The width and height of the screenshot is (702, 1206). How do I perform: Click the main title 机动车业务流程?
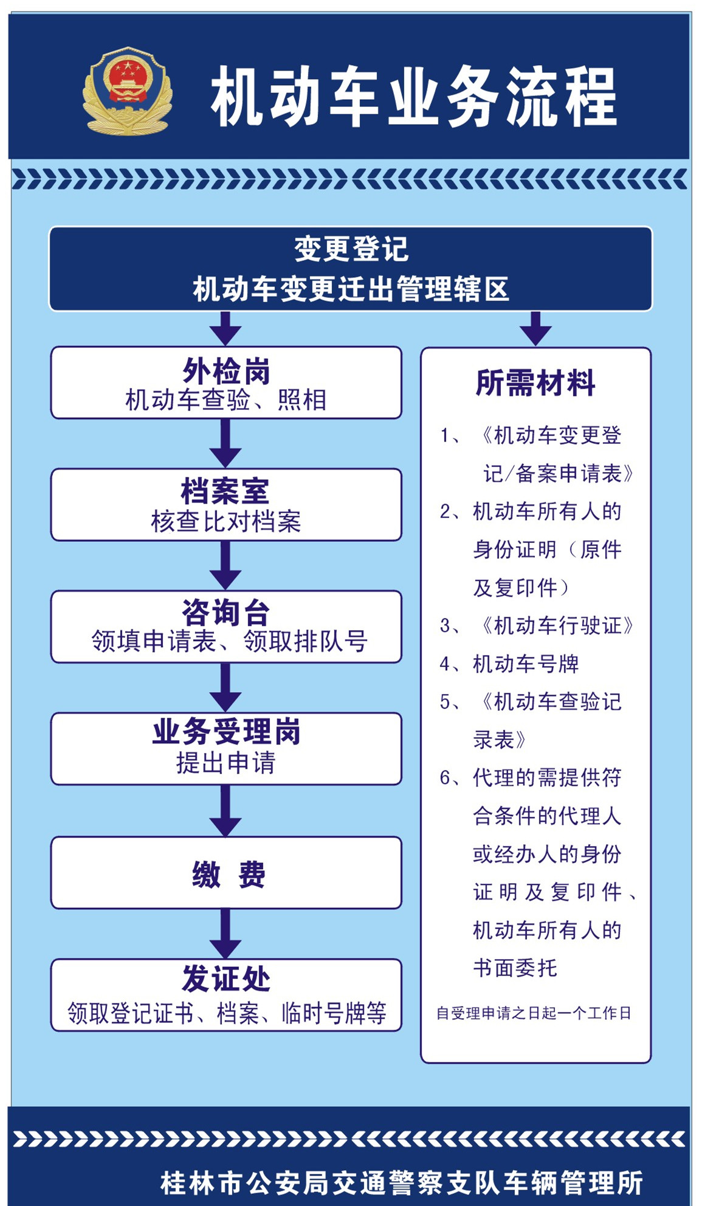(413, 96)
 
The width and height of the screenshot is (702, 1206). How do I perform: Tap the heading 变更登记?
(351, 249)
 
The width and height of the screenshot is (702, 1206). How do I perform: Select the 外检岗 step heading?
(226, 370)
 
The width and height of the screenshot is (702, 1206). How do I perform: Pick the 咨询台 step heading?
(225, 612)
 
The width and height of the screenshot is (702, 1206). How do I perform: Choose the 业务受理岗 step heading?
(226, 732)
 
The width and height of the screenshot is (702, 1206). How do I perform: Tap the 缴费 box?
(226, 874)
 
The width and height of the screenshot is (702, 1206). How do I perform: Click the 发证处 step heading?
(226, 979)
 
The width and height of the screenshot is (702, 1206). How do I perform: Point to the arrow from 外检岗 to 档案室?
(225, 443)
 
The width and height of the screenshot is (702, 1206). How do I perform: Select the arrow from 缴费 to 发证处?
(225, 934)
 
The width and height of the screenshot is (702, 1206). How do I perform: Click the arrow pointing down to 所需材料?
(535, 328)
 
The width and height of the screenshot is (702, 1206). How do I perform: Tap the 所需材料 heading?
(535, 383)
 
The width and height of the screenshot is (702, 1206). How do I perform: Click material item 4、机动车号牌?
(509, 664)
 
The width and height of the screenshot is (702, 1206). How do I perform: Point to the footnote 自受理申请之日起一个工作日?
(534, 1013)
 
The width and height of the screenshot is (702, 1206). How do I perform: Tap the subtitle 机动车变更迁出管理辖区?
(351, 289)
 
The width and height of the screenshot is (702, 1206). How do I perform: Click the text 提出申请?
(226, 763)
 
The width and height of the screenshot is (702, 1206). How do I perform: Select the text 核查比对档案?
(226, 521)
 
